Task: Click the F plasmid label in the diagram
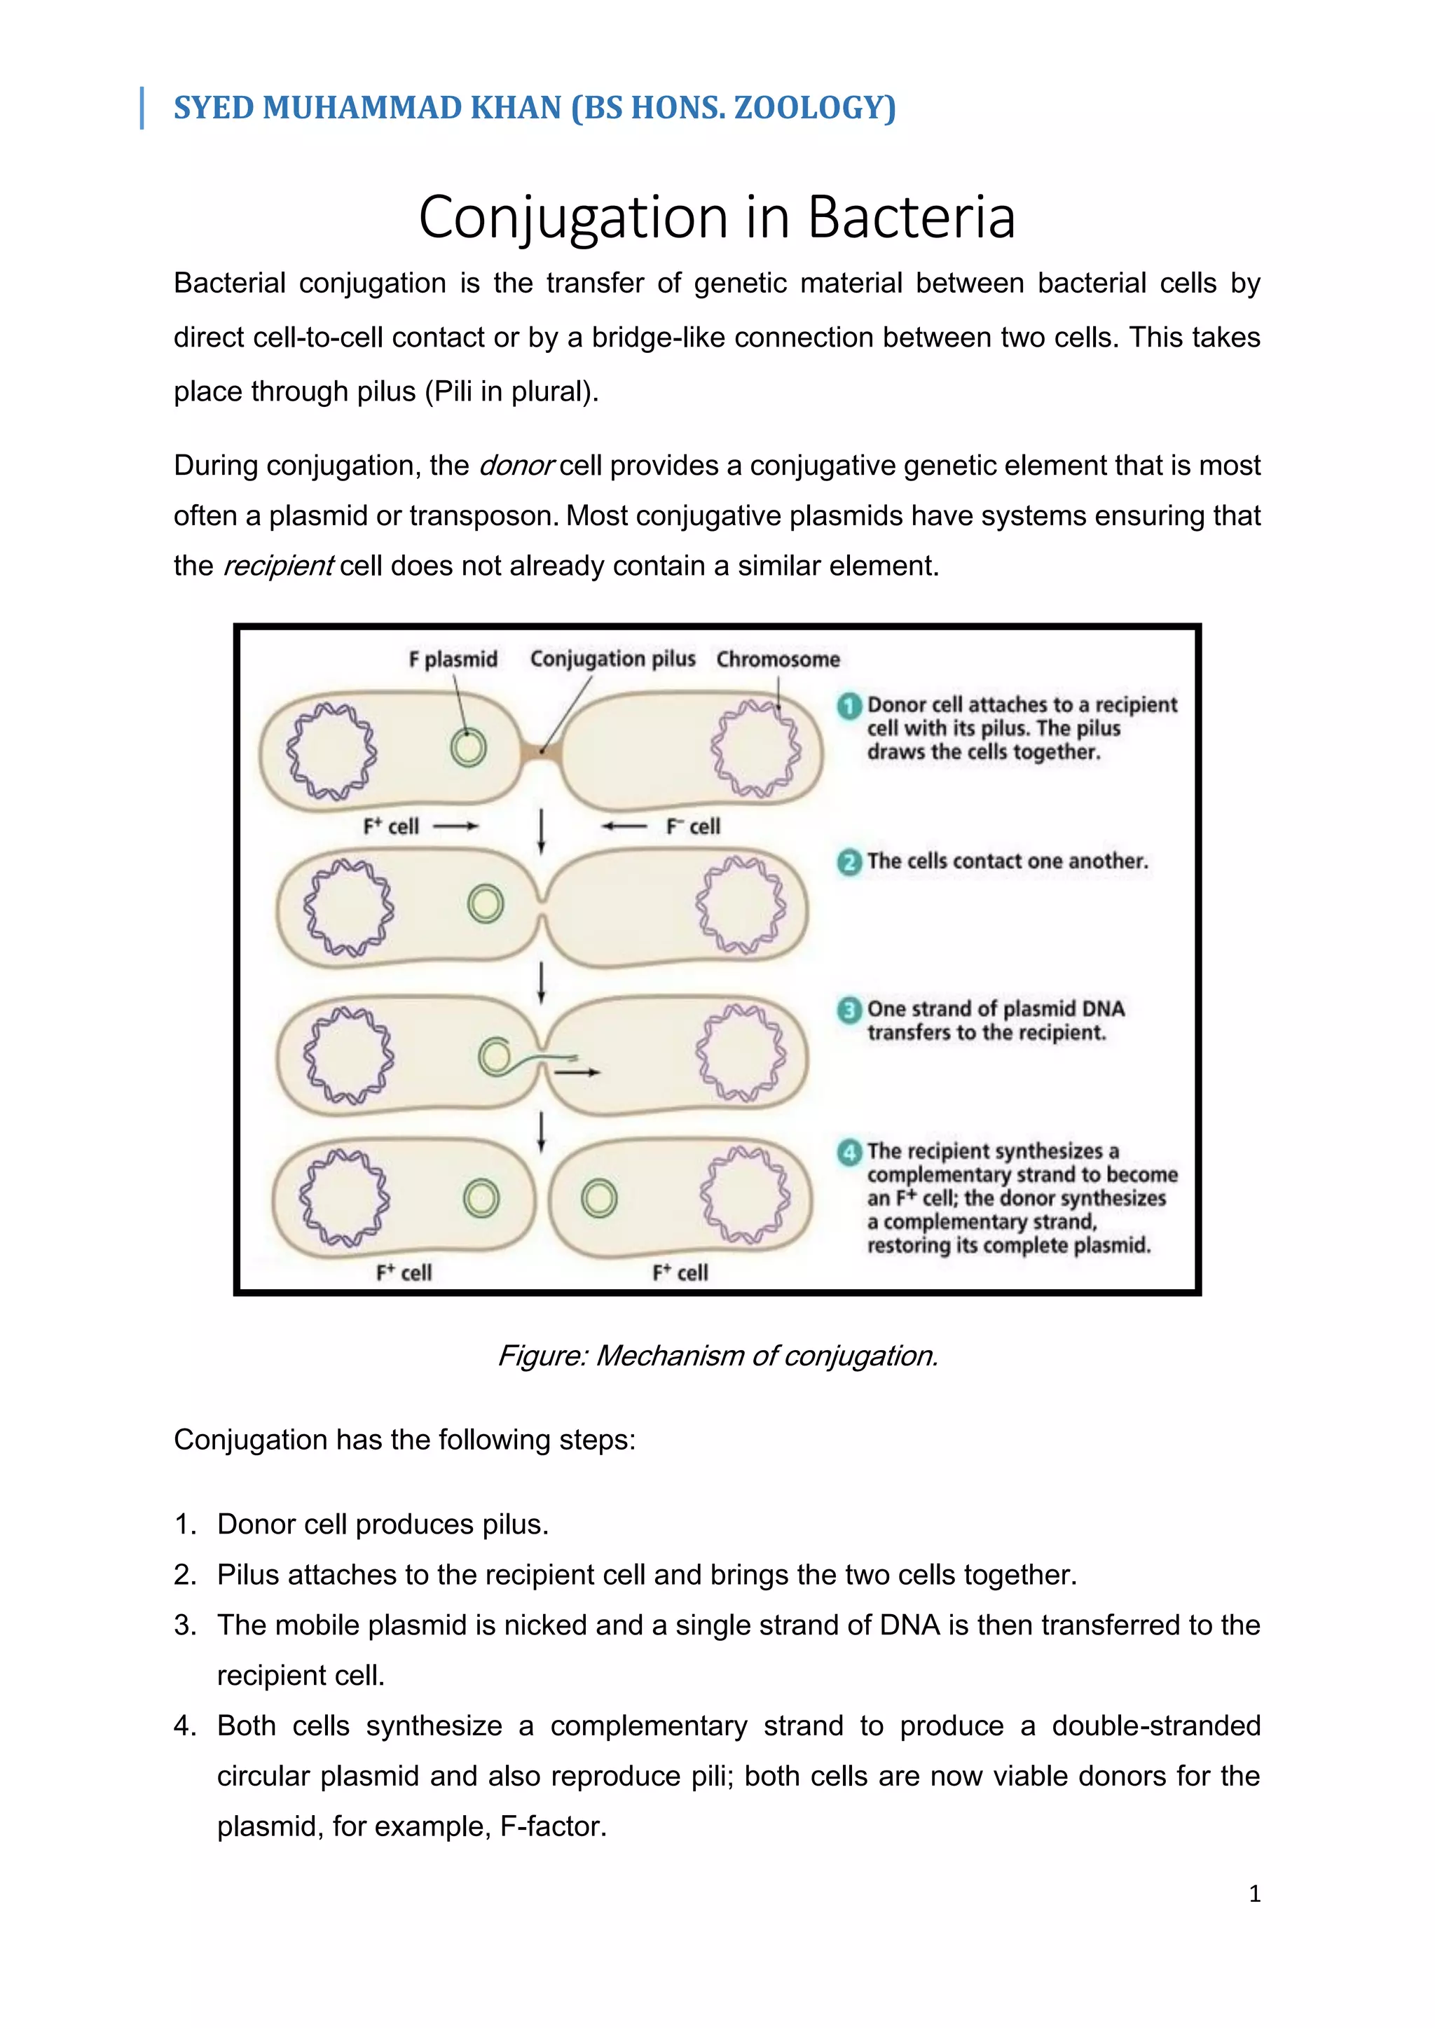453,659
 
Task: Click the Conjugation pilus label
612,659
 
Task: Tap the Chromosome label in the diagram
778,659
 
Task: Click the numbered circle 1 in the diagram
849,706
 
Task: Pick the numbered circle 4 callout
849,1152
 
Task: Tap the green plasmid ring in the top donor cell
467,747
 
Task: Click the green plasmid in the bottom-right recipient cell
599,1199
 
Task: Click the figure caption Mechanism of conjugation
717,1355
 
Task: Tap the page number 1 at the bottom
1254,1893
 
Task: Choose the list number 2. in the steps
185,1575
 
